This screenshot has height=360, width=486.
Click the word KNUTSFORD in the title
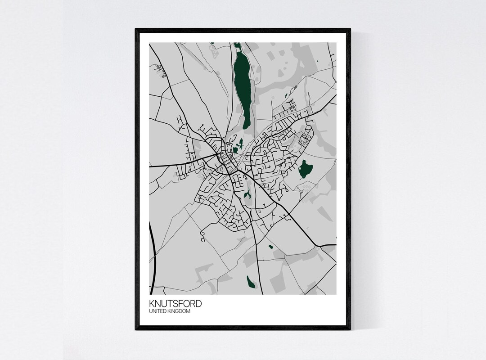176,304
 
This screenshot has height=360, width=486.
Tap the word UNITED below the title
159,311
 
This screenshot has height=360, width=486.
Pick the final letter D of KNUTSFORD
198,304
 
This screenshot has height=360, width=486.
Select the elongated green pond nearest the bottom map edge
251,282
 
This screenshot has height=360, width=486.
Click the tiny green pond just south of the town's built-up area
270,247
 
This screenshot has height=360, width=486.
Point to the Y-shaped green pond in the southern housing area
247,194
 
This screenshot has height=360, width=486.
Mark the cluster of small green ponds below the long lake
238,147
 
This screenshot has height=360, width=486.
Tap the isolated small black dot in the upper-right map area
317,61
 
